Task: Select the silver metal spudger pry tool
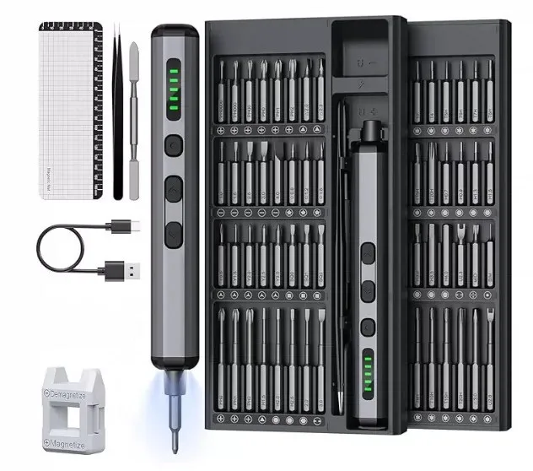132,110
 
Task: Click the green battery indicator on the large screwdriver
175,84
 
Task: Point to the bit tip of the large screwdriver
174,436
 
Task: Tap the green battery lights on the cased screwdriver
369,371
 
